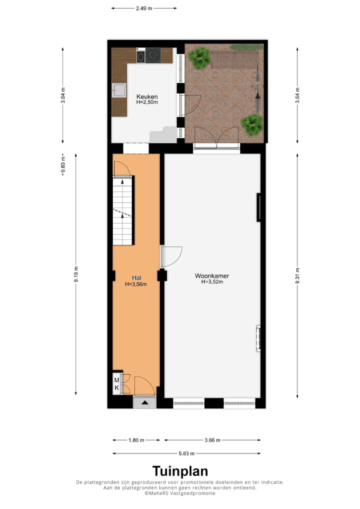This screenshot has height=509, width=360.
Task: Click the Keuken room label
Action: point(147,96)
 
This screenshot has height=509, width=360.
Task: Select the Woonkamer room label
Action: point(212,275)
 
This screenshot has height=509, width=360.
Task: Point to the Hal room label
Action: point(135,277)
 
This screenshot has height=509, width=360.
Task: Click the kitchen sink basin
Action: point(119,90)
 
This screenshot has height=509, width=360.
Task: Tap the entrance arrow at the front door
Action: point(145,402)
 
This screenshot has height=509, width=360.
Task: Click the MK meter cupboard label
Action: point(116,384)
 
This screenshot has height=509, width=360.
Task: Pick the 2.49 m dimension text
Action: point(144,8)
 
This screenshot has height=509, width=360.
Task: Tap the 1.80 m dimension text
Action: point(136,440)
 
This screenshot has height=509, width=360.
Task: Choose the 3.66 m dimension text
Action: point(212,440)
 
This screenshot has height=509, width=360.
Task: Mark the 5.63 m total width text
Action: point(186,453)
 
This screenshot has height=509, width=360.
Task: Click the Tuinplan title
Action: point(180,471)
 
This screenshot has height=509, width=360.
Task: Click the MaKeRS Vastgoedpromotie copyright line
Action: point(180,493)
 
